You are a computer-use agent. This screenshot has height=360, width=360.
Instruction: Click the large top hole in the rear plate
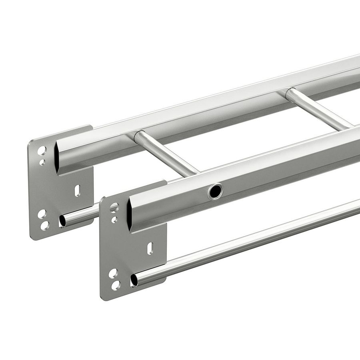point(42,150)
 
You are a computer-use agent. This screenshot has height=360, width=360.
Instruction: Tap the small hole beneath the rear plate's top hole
point(42,162)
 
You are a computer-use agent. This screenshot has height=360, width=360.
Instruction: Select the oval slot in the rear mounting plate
point(77,191)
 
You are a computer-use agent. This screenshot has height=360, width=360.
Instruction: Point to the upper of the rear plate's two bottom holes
point(42,214)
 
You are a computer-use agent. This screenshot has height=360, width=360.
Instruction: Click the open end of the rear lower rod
point(62,221)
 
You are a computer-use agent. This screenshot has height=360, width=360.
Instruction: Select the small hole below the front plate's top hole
point(114,220)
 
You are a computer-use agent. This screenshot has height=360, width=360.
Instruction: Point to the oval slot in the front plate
point(150,248)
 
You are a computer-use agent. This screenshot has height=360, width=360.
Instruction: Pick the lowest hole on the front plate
point(116,285)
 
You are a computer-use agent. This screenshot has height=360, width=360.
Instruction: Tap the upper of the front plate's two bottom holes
point(113,274)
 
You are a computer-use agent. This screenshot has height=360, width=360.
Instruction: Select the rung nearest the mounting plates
point(166,154)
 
